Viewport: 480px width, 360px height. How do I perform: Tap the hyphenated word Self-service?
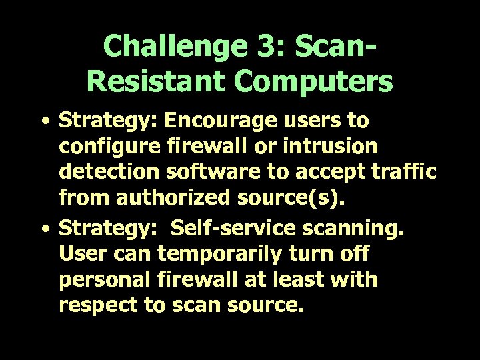[x=227, y=229]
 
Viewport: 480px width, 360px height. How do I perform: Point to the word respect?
[x=99, y=307]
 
